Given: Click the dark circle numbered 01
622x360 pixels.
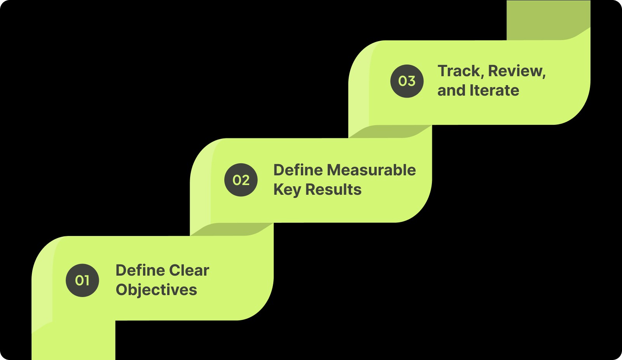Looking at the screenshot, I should pos(82,280).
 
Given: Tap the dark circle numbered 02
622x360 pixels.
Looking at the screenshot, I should pos(241,180).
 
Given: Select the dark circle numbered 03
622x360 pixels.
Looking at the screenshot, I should pos(407,81).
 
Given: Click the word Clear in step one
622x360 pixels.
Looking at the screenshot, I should pos(189,270).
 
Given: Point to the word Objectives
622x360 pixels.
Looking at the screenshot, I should pos(156,290).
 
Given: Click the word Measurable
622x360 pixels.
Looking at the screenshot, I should pos(371,170).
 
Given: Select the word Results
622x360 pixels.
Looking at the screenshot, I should pos(333,190).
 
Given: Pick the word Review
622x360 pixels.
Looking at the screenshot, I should pos(515,71).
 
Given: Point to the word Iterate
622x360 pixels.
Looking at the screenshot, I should pos(494,91).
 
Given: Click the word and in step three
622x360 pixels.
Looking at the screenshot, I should pos(451,91).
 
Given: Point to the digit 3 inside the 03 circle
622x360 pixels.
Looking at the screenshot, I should pos(412,81).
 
